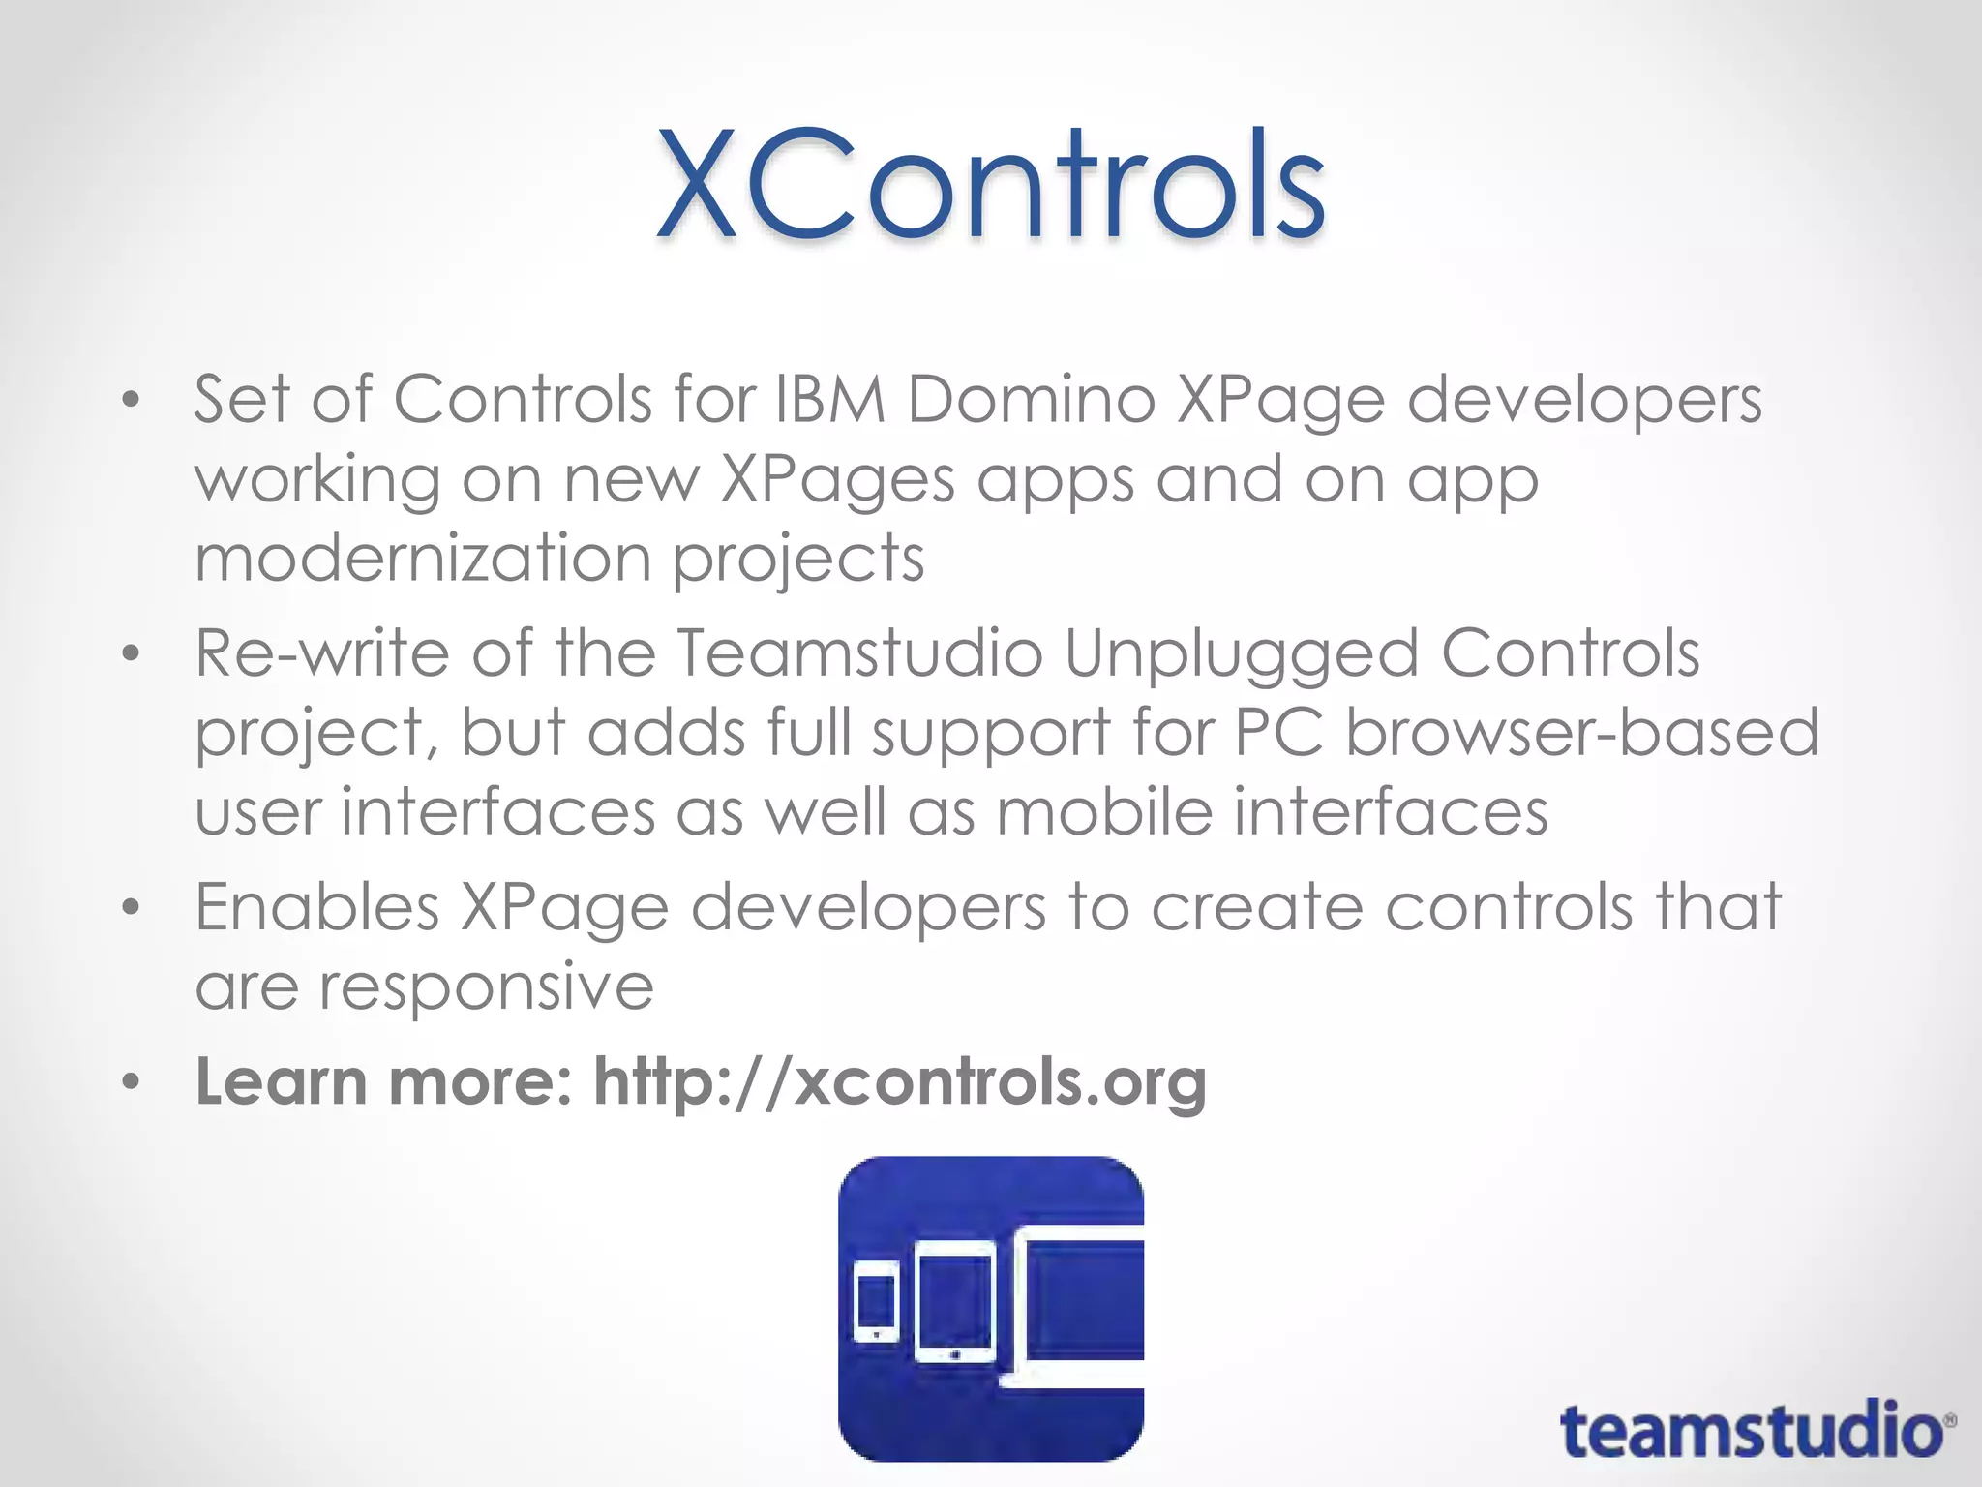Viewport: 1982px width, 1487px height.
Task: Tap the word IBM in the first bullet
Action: (830, 399)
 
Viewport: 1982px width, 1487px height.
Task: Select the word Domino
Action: (1031, 399)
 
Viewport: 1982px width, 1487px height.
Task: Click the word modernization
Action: (423, 559)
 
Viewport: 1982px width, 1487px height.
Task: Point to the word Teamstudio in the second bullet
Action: (858, 652)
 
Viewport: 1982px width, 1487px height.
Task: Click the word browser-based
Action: (1581, 732)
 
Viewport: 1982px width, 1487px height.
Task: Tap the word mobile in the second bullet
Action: (1104, 811)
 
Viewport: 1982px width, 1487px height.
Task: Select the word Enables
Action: (317, 907)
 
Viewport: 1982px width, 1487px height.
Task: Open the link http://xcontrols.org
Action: (900, 1082)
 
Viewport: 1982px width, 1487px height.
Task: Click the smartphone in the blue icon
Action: (877, 1302)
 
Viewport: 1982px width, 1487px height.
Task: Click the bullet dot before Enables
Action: (132, 907)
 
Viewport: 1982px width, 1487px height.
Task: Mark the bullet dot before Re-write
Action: (132, 653)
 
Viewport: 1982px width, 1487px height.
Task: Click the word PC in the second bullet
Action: (1278, 732)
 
